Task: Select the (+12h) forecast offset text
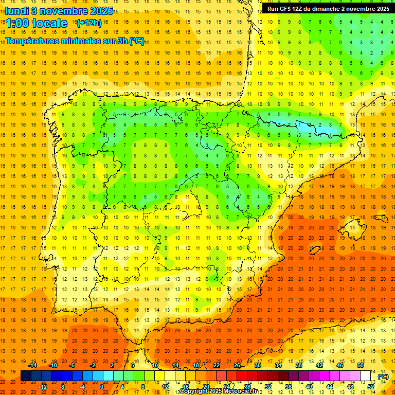88,23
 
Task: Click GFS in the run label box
288,9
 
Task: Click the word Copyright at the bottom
194,391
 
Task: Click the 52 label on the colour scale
371,387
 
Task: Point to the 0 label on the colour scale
101,387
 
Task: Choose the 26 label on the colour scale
237,365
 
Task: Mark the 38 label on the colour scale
299,365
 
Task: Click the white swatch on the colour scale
366,376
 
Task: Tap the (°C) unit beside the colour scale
383,376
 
